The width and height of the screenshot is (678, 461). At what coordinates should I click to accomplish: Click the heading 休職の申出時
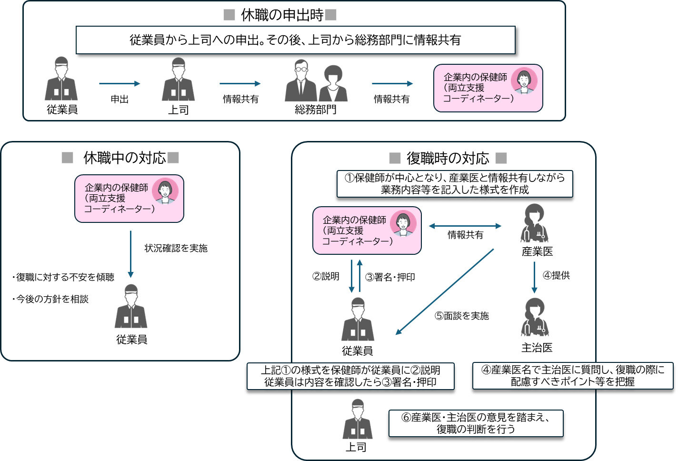[282, 15]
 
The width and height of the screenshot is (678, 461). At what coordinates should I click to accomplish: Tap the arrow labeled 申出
[120, 84]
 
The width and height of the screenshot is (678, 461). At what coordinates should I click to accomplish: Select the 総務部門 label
[315, 110]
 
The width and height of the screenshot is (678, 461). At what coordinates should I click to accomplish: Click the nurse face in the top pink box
[524, 80]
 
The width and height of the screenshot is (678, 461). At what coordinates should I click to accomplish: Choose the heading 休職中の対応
[124, 158]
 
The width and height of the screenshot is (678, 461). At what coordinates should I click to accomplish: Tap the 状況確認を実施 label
[176, 248]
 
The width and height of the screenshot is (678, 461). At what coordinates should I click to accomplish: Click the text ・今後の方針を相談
[50, 299]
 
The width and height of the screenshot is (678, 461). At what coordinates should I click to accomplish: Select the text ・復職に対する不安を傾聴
[63, 277]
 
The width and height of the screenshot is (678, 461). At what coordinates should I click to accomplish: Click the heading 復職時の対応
[448, 158]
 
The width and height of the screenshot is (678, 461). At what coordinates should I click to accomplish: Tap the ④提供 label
[556, 275]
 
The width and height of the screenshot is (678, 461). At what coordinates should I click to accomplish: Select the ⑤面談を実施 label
[461, 316]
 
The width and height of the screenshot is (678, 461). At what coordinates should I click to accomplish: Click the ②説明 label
[326, 276]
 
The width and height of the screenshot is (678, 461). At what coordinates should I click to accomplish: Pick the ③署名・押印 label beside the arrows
[390, 277]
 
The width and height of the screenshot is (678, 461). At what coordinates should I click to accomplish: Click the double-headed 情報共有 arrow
[465, 226]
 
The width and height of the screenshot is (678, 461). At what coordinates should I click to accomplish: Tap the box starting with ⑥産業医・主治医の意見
[476, 423]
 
